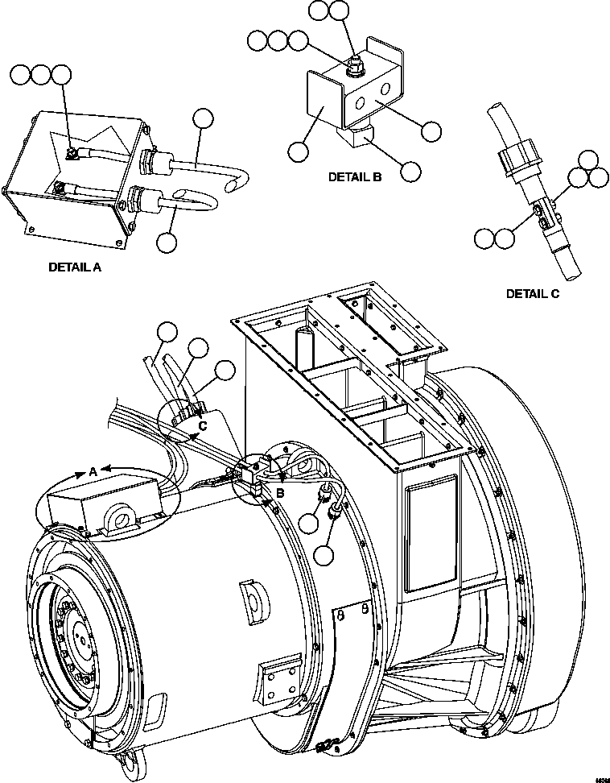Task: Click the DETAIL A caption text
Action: (x=75, y=267)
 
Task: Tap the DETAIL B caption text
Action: (x=354, y=177)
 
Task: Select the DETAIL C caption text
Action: (x=532, y=294)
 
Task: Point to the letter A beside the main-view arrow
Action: (x=93, y=470)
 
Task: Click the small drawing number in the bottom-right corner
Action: (x=600, y=778)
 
